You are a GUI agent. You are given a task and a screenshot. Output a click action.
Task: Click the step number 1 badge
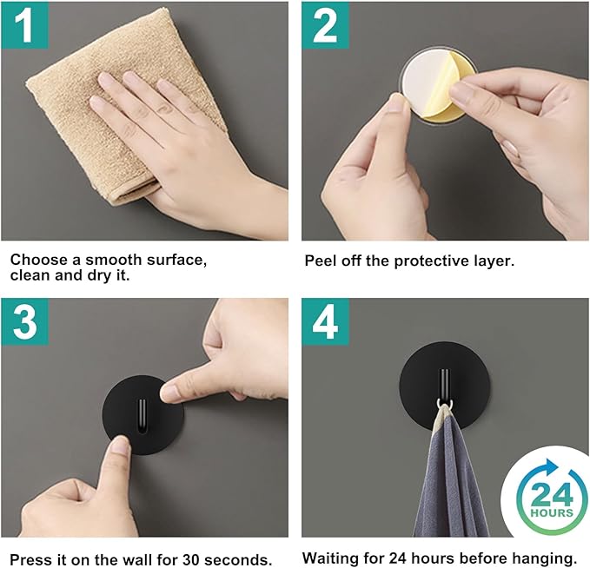25,25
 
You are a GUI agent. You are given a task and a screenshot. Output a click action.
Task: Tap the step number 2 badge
325,25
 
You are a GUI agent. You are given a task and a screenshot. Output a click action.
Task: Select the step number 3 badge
25,322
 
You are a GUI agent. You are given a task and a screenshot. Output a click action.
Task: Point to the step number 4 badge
325,322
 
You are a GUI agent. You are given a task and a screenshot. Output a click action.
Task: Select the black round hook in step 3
143,414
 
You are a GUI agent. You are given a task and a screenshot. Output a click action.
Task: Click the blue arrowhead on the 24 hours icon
551,467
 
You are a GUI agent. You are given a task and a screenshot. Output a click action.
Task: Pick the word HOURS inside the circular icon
551,512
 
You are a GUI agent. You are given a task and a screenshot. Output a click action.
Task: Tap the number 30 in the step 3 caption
191,559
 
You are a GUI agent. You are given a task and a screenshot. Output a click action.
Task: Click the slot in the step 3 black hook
142,416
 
